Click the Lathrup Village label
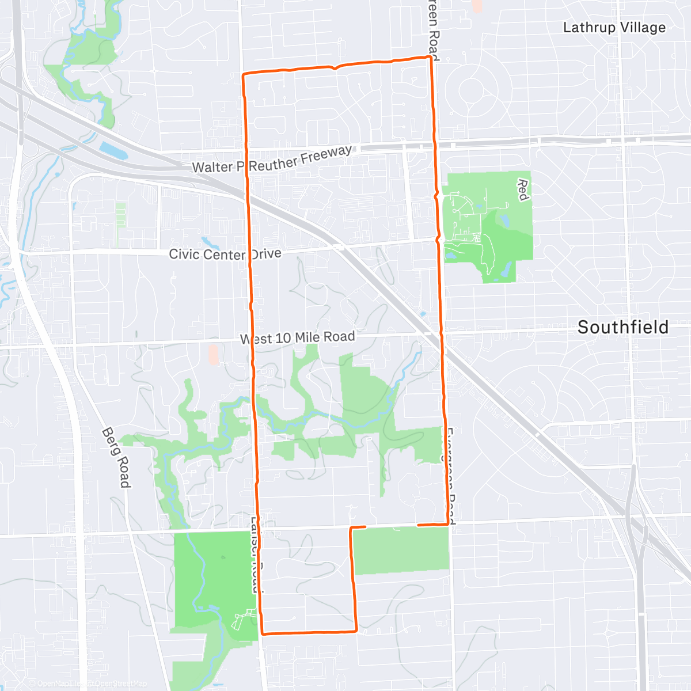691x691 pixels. coord(614,28)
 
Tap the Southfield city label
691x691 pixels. coord(622,327)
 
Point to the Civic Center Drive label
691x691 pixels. coord(225,254)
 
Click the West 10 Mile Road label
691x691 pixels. coord(298,337)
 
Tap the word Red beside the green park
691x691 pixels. coord(522,190)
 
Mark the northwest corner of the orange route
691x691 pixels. coord(244,75)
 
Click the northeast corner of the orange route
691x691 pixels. coord(430,57)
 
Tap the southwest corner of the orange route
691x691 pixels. coord(263,633)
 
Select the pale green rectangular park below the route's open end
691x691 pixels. coord(401,550)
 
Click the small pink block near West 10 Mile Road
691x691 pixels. coord(214,354)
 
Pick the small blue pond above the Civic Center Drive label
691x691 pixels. coord(206,241)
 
